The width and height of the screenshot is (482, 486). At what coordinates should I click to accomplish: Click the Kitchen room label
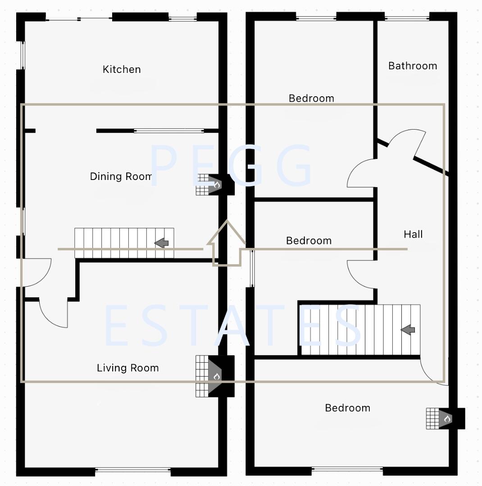click(x=122, y=69)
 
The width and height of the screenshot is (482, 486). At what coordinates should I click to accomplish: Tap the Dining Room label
click(x=121, y=176)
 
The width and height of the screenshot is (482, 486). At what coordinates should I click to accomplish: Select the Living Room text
click(x=128, y=368)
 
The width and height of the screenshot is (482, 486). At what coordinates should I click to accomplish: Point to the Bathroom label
click(x=413, y=66)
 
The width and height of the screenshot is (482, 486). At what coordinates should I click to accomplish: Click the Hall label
click(x=413, y=234)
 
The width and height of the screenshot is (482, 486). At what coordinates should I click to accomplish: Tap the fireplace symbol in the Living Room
click(x=216, y=376)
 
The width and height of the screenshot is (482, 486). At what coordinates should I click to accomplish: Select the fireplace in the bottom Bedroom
click(x=446, y=418)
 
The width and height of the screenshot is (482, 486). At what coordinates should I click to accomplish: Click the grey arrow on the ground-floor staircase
click(x=161, y=243)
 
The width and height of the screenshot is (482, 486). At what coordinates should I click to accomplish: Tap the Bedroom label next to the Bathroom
click(x=311, y=98)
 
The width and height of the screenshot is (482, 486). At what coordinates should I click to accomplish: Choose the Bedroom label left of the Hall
click(x=309, y=241)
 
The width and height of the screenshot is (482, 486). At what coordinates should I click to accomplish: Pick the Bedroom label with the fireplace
click(x=347, y=408)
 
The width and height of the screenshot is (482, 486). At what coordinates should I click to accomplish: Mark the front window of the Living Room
click(x=133, y=471)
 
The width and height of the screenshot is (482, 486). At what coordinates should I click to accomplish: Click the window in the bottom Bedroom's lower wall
click(x=347, y=470)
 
